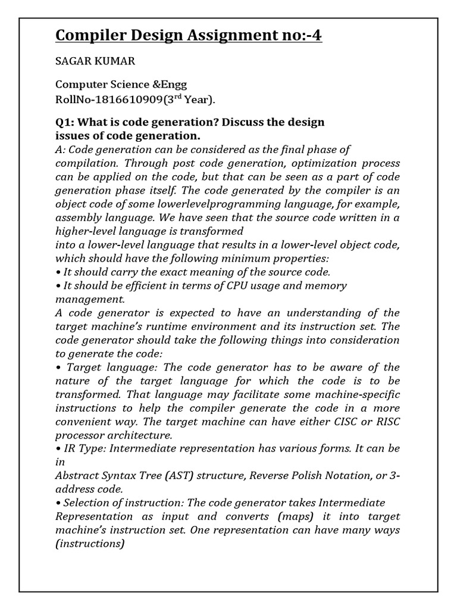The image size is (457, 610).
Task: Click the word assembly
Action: tap(77, 218)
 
